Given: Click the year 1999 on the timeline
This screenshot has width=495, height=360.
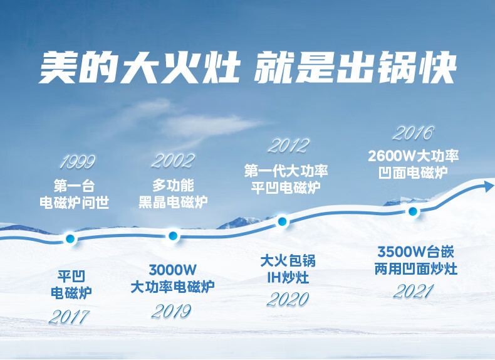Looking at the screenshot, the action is point(78,162).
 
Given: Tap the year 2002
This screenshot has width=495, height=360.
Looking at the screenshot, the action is point(173,161).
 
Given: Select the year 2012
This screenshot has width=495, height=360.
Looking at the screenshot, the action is point(288,146).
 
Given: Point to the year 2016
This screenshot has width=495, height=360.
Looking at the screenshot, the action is point(414,133).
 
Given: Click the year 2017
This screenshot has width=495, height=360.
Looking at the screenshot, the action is point(70,317).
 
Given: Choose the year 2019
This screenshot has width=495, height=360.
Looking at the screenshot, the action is point(172,311).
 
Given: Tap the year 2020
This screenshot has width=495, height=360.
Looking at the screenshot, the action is point(288,299).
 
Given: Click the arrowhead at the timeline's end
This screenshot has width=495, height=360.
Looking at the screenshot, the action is point(489,186).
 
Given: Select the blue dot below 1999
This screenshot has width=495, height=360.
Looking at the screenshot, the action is point(70,238).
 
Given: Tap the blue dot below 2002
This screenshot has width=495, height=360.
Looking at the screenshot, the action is point(173,235).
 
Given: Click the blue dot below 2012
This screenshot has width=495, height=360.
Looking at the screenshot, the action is point(282,221).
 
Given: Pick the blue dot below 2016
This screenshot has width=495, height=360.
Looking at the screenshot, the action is point(413,211).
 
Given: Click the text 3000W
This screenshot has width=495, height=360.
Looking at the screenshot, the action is point(173,270).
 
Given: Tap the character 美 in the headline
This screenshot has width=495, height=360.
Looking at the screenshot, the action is point(58,67).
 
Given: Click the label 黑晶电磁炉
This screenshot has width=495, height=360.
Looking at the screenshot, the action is point(173,203).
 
